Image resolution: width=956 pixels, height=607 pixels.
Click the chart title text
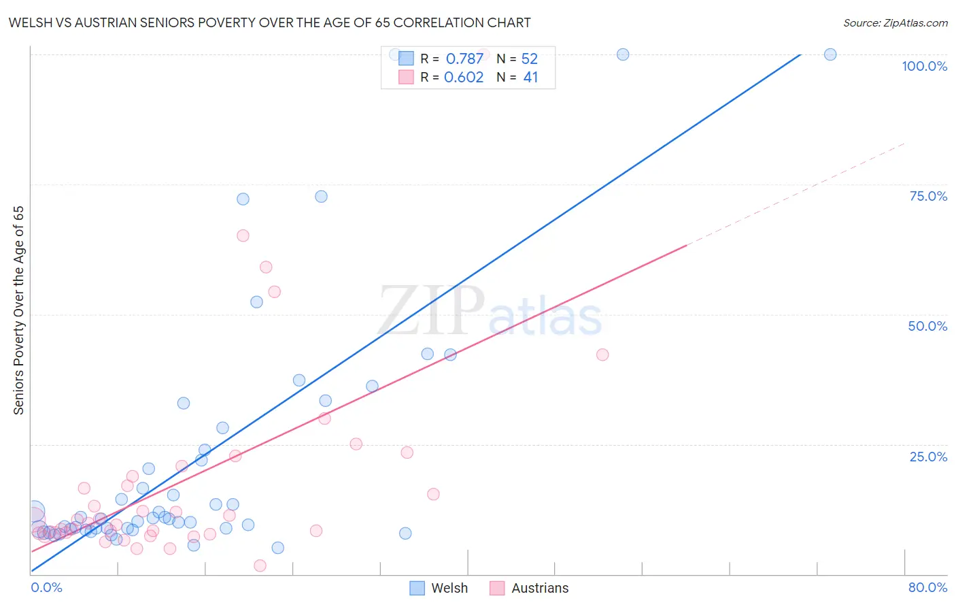pyautogui.click(x=269, y=22)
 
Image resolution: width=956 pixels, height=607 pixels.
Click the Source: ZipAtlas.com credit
pyautogui.click(x=895, y=22)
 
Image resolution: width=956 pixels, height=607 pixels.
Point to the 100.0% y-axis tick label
pyautogui.click(x=924, y=66)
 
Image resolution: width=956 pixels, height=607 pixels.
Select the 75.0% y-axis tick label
pyautogui.click(x=928, y=196)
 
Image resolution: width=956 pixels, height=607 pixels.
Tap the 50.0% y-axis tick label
pyautogui.click(x=927, y=326)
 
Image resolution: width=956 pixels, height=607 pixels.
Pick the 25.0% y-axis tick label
pyautogui.click(x=928, y=456)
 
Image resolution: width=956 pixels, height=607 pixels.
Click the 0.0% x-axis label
pyautogui.click(x=46, y=587)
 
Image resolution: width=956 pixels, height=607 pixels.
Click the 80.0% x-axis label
pyautogui.click(x=927, y=587)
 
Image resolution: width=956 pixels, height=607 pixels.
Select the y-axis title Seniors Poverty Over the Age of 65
pyautogui.click(x=18, y=310)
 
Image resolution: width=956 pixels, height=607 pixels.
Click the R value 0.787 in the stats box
pyautogui.click(x=464, y=59)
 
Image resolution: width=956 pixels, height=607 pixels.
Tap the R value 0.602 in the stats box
pyautogui.click(x=464, y=77)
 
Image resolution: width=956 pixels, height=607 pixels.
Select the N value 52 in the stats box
pyautogui.click(x=529, y=59)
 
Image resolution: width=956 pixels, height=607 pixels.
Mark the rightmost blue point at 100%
pyautogui.click(x=830, y=54)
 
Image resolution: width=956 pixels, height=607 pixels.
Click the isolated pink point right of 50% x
pyautogui.click(x=602, y=355)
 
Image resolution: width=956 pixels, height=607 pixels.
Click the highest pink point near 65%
pyautogui.click(x=243, y=235)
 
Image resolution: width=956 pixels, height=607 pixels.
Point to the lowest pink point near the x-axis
pyautogui.click(x=260, y=565)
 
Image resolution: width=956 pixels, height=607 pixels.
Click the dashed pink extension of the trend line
pyautogui.click(x=796, y=194)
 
